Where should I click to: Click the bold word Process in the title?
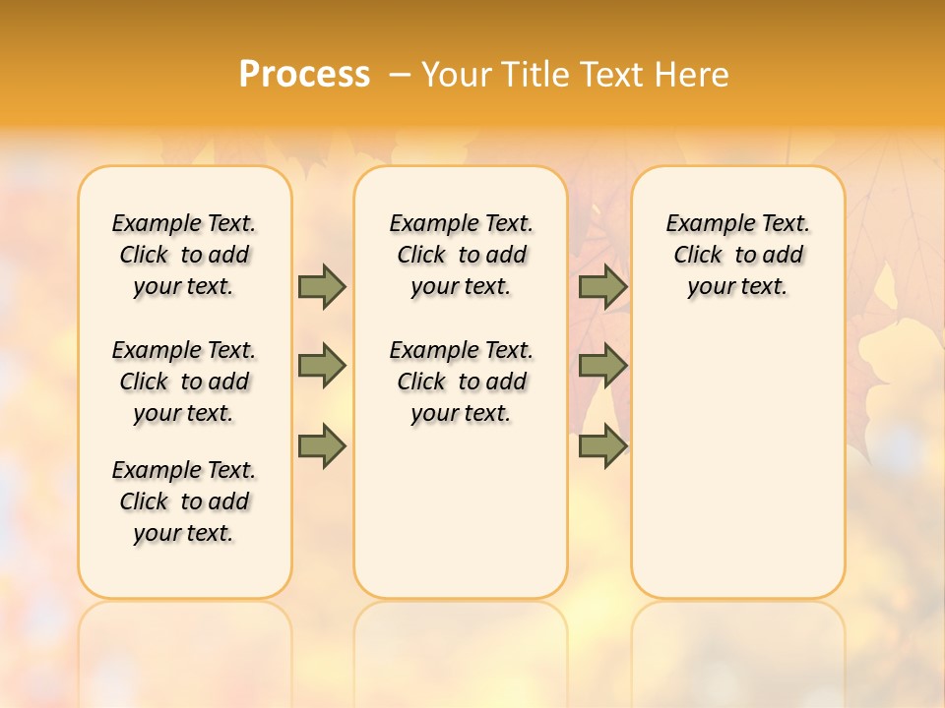304,75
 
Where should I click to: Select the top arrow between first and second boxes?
322,286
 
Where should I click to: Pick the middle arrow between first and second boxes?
322,366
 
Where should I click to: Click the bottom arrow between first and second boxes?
322,446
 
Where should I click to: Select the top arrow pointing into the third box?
602,286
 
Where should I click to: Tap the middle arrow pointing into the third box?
602,366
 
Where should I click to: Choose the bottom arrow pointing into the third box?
602,446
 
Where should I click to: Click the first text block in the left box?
184,255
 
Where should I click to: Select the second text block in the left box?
184,382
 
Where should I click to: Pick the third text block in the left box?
184,501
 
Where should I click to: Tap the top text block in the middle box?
461,255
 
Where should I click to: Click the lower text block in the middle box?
461,382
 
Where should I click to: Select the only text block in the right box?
738,255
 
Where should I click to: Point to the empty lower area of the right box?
738,462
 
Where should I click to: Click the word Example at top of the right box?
705,224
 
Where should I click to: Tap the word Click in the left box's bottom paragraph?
144,501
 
